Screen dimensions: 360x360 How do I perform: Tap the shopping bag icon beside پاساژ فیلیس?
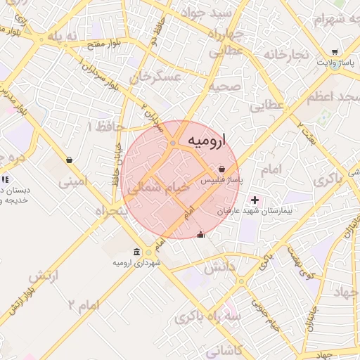[222, 169]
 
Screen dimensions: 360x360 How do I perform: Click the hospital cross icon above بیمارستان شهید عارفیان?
[255, 200]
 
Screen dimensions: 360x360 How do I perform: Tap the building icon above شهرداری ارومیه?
[136, 252]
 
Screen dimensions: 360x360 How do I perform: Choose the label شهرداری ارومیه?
[136, 263]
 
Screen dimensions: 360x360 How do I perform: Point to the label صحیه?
[225, 86]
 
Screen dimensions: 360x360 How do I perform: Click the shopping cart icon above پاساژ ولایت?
[335, 52]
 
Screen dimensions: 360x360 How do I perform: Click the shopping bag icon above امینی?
[70, 160]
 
